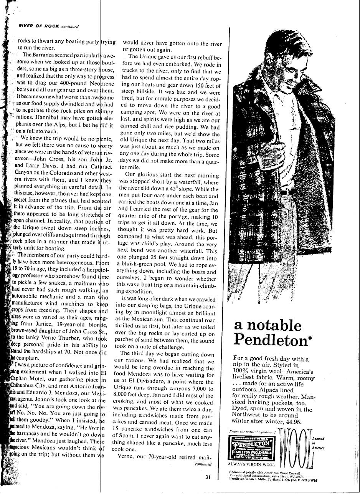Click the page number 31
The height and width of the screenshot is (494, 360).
click(x=207, y=477)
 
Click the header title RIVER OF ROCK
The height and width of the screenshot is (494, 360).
click(x=39, y=26)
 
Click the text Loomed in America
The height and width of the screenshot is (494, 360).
click(x=319, y=443)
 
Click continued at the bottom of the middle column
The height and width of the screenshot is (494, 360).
click(x=203, y=464)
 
